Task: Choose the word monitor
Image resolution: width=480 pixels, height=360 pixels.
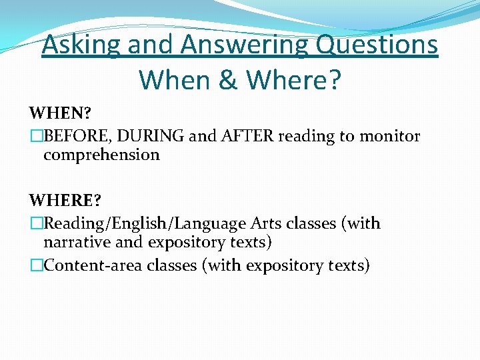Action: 390,137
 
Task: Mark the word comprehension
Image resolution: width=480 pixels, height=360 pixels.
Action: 101,155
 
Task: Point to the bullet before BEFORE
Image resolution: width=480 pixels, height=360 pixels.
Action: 36,137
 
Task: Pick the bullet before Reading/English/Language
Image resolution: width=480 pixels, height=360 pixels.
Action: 36,223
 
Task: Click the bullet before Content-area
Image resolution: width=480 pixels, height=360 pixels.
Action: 36,265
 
